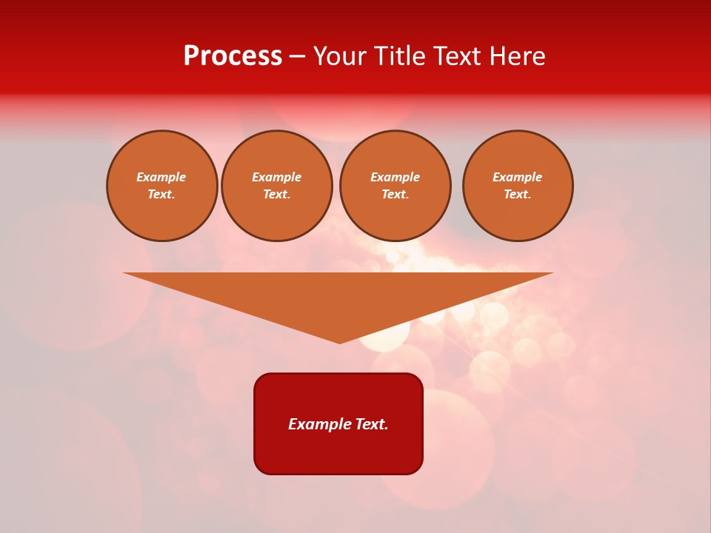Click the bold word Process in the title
coord(233,56)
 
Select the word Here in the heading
coord(518,56)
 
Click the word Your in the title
coord(339,56)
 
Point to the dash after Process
coord(297,57)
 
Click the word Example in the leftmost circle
coord(161,177)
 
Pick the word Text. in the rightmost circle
coord(518,194)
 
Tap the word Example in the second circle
coord(277,177)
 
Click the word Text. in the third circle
coord(395,194)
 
